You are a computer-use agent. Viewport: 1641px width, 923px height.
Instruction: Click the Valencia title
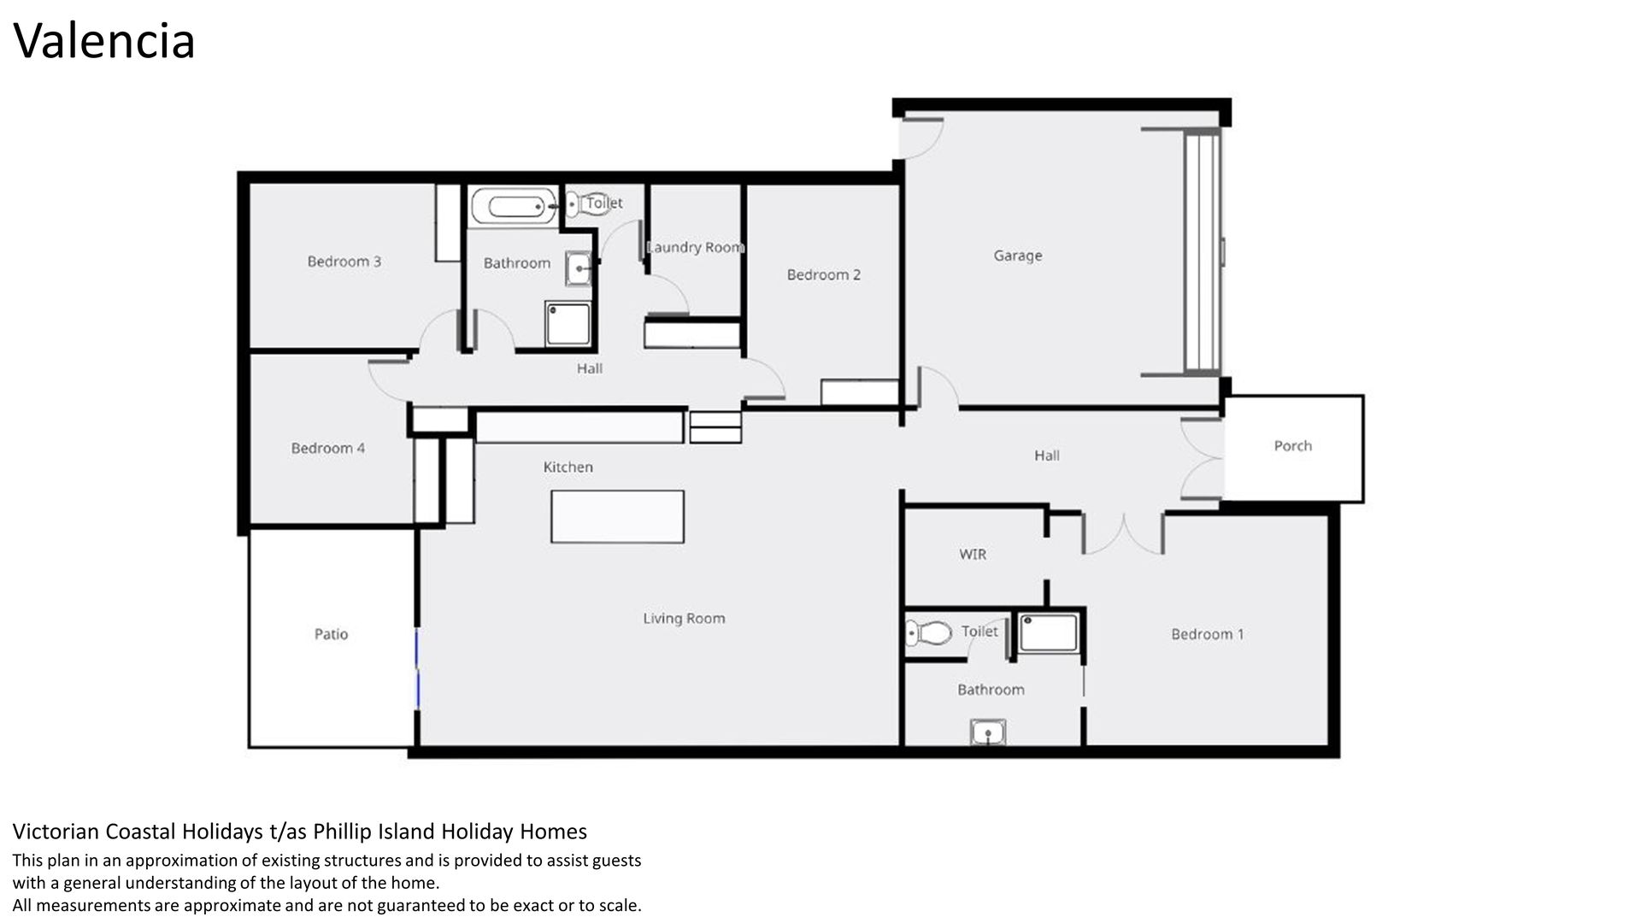pyautogui.click(x=104, y=41)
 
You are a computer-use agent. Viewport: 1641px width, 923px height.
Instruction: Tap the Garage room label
pyautogui.click(x=1017, y=256)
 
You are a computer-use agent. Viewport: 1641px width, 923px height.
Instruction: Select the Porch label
pyautogui.click(x=1292, y=446)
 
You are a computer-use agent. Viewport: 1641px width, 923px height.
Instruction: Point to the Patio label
pyautogui.click(x=331, y=634)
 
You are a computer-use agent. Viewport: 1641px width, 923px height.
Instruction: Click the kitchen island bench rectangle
pyautogui.click(x=617, y=517)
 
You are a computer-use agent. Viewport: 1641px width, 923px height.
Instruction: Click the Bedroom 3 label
pyautogui.click(x=344, y=262)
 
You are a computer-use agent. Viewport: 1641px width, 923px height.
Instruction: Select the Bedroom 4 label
pyautogui.click(x=327, y=448)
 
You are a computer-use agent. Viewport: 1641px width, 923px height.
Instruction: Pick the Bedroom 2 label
pyautogui.click(x=823, y=274)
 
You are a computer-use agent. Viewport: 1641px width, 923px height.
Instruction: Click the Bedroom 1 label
pyautogui.click(x=1207, y=634)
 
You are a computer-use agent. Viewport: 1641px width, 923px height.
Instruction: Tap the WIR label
pyautogui.click(x=973, y=555)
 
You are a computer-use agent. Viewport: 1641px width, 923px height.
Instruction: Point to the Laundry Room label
pyautogui.click(x=695, y=248)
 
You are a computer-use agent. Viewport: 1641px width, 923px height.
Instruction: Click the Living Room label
pyautogui.click(x=684, y=619)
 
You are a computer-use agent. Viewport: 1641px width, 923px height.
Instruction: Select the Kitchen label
pyautogui.click(x=568, y=467)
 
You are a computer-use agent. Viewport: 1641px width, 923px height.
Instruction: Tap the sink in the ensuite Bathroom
pyautogui.click(x=988, y=732)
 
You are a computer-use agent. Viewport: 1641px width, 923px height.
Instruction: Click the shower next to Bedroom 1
pyautogui.click(x=1048, y=634)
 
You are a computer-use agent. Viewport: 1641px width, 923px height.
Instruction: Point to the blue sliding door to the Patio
pyautogui.click(x=418, y=669)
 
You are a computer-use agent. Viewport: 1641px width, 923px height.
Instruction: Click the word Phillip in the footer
pyautogui.click(x=344, y=832)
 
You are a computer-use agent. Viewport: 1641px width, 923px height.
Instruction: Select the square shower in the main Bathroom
pyautogui.click(x=568, y=324)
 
